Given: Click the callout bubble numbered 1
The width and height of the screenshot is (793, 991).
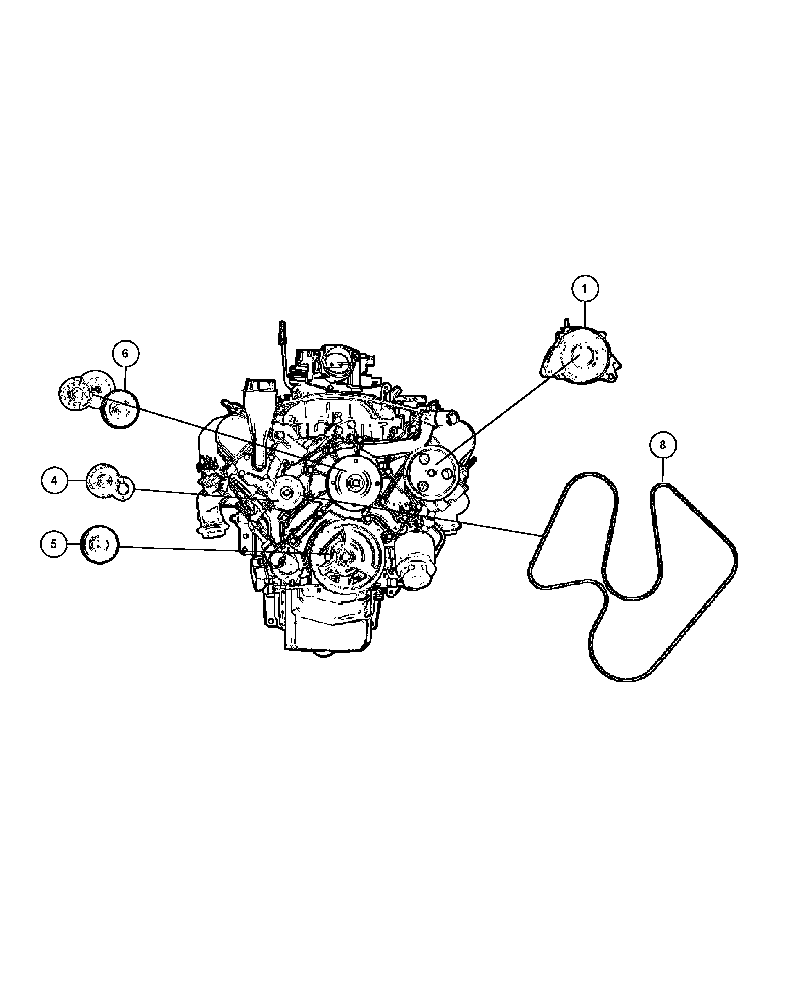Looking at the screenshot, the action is click(585, 289).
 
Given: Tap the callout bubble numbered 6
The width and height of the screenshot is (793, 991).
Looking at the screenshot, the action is click(125, 354).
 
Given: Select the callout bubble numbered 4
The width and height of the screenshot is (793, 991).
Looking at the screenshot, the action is click(54, 480).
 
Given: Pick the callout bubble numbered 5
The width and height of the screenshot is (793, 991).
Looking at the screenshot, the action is click(53, 544).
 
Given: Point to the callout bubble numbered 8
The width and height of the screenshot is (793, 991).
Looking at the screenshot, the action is click(662, 445).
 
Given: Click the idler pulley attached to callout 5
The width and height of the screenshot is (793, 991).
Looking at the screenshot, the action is click(99, 545).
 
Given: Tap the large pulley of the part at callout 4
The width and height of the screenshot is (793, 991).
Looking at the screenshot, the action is click(103, 481).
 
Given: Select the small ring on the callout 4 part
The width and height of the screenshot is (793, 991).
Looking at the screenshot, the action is click(124, 489).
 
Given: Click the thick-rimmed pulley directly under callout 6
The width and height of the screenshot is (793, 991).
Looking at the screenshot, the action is click(120, 409).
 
